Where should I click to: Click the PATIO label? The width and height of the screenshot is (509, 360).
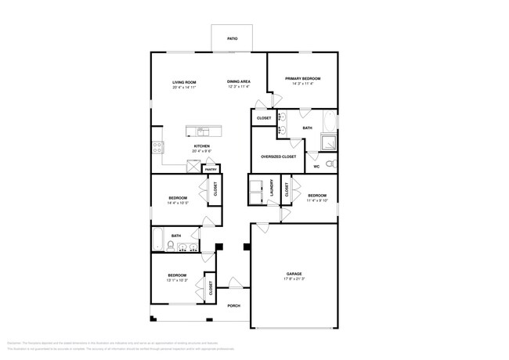click(233, 38)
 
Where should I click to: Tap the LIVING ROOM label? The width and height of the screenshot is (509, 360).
click(184, 82)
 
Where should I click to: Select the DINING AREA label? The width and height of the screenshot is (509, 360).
click(239, 82)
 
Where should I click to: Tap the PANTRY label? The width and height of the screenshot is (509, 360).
click(211, 169)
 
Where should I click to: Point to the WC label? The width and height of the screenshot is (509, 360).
click(316, 166)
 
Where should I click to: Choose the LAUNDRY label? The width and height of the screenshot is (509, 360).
click(270, 190)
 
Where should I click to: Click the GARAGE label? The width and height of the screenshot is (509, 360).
click(293, 274)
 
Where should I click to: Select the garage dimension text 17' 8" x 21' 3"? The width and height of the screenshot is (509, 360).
click(293, 279)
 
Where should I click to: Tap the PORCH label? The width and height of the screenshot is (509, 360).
click(233, 306)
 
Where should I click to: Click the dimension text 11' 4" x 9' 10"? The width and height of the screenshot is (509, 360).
click(316, 200)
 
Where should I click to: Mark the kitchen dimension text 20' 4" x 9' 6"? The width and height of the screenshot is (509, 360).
click(201, 151)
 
